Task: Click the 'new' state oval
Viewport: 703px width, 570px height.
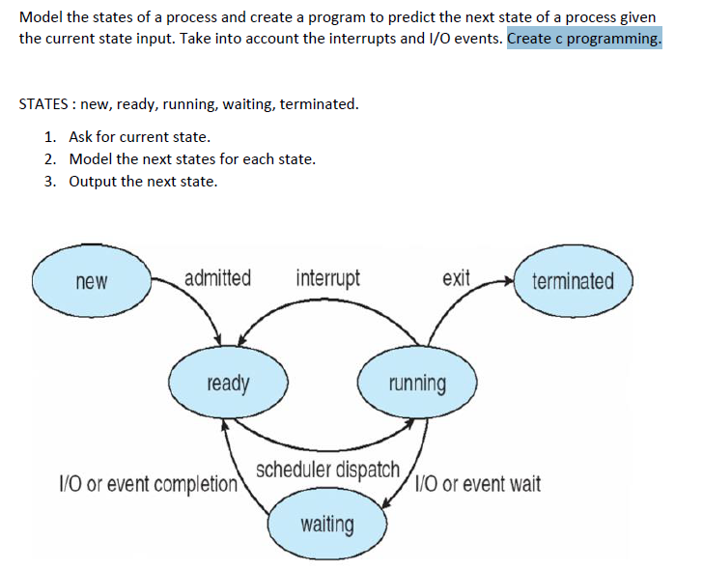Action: coord(91,281)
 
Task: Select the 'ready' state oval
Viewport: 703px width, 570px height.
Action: coord(228,384)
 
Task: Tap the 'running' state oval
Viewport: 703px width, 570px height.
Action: coord(417,384)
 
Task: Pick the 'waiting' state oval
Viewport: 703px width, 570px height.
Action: coord(326,525)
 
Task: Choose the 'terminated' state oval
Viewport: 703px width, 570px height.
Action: coord(573,281)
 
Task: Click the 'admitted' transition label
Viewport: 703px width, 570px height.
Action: coord(217,279)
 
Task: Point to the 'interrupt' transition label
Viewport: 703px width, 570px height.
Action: coord(328,279)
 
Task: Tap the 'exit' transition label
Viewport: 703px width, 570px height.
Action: coord(456,279)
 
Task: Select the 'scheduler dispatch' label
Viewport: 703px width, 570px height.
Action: coord(327,470)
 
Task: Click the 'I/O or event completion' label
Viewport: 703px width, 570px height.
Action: coord(149,483)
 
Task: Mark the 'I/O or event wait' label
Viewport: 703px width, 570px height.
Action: coord(480,483)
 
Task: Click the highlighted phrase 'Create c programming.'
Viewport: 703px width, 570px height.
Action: coord(584,39)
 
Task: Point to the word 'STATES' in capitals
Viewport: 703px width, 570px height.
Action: coord(43,104)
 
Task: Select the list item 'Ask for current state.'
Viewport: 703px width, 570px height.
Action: coord(139,137)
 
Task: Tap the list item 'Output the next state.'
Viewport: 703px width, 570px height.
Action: coord(143,181)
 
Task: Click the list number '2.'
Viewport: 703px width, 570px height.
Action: coord(50,159)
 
